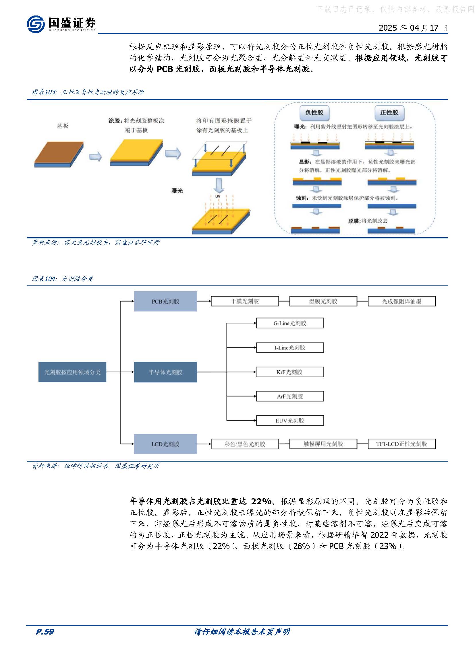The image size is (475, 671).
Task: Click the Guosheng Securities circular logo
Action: pyautogui.click(x=35, y=24)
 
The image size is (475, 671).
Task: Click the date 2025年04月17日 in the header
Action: pyautogui.click(x=413, y=28)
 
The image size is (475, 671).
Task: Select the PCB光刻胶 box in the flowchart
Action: pyautogui.click(x=165, y=301)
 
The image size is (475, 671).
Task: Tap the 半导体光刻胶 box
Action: pyautogui.click(x=165, y=372)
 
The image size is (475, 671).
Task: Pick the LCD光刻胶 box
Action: pyautogui.click(x=165, y=444)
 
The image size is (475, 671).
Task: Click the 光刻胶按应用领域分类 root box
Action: pyautogui.click(x=72, y=372)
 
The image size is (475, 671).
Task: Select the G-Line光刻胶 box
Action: pyautogui.click(x=290, y=323)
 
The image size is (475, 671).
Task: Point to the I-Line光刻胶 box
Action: pyautogui.click(x=290, y=347)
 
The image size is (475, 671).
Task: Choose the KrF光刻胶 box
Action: pyautogui.click(x=289, y=372)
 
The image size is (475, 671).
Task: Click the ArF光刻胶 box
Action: pyautogui.click(x=290, y=396)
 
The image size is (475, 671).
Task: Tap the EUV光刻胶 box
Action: pyautogui.click(x=290, y=421)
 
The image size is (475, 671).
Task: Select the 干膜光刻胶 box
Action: pyautogui.click(x=244, y=301)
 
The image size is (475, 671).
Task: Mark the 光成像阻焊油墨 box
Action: pyautogui.click(x=401, y=301)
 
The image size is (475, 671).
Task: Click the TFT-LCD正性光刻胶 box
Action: pyautogui.click(x=401, y=444)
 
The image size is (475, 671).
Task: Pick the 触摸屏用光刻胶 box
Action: pyautogui.click(x=323, y=444)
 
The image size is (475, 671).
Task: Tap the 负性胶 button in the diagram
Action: pyautogui.click(x=314, y=112)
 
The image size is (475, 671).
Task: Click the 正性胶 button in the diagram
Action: pyautogui.click(x=389, y=112)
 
